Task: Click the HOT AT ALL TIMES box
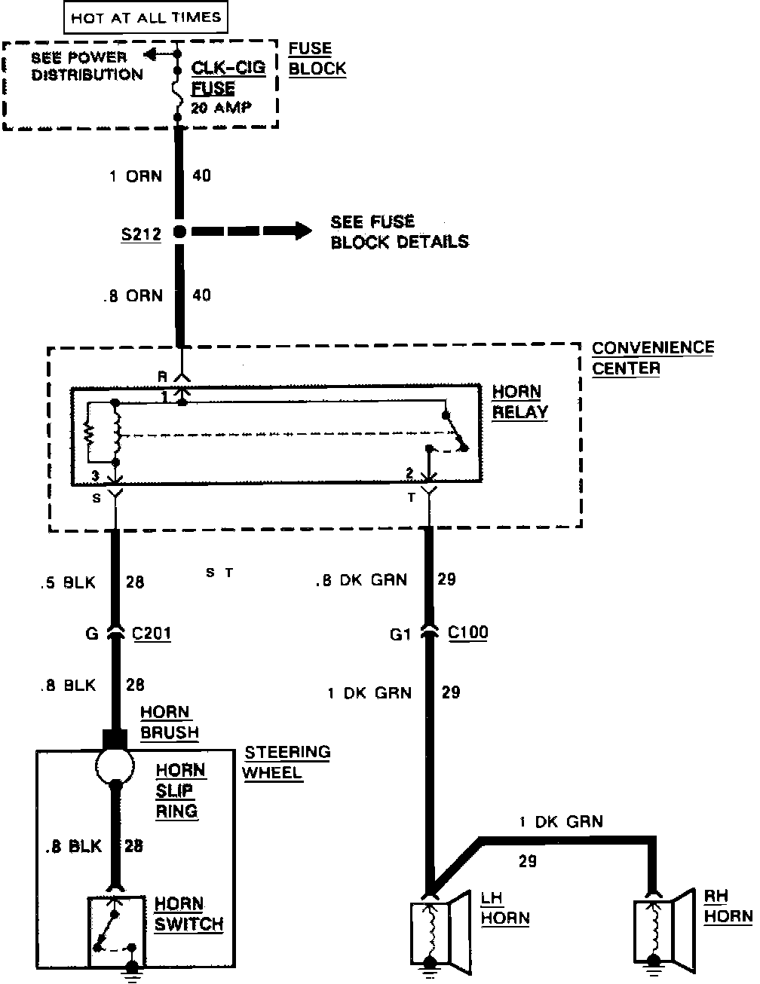pyautogui.click(x=146, y=17)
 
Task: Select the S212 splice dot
pyautogui.click(x=179, y=232)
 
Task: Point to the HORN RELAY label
pyautogui.click(x=519, y=402)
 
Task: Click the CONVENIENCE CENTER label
pyautogui.click(x=652, y=358)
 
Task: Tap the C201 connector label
pyautogui.click(x=152, y=634)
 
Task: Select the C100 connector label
pyautogui.click(x=468, y=632)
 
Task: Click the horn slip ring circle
pyautogui.click(x=115, y=768)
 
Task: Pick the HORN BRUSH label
pyautogui.click(x=170, y=722)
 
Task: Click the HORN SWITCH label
pyautogui.click(x=189, y=914)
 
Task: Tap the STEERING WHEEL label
pyautogui.click(x=287, y=762)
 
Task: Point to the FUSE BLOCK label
pyautogui.click(x=317, y=58)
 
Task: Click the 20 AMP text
pyautogui.click(x=220, y=107)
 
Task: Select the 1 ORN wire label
pyautogui.click(x=136, y=176)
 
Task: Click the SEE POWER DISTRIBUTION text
pyautogui.click(x=87, y=66)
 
